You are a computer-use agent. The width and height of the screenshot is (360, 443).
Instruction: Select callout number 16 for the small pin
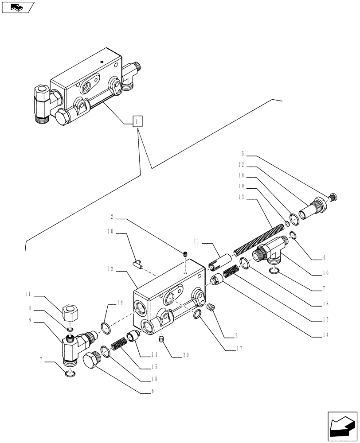tap(110, 231)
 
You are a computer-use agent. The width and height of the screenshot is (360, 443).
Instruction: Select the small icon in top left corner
tap(18, 7)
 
